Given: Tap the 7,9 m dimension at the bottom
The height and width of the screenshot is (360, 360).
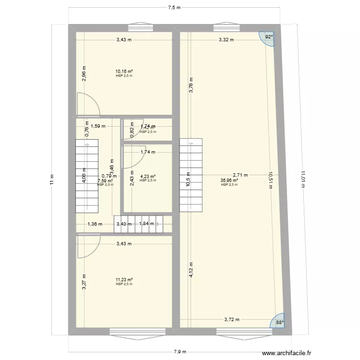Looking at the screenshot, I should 180,351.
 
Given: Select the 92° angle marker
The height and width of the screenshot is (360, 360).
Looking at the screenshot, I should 269,37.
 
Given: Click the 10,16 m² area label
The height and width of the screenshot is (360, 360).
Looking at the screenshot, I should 124,72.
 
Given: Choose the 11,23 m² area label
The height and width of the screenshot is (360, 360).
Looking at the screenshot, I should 124,280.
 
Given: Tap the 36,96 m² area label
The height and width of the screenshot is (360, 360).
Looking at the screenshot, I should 229,181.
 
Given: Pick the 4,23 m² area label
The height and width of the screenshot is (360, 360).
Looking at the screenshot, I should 147,176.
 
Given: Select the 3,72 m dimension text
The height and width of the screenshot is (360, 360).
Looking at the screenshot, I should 231,319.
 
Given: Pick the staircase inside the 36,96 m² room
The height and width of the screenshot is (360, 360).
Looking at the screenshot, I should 191,175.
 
